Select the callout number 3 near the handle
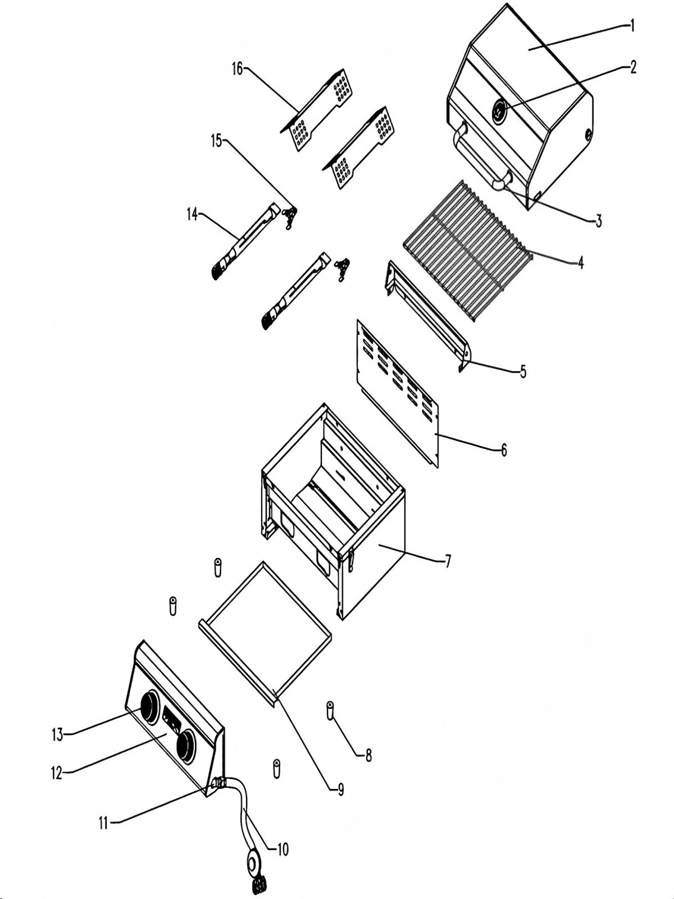coord(599,221)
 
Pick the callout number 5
coord(523,371)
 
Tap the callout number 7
coord(448,561)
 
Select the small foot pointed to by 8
coord(330,710)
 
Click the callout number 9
coord(340,789)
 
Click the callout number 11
coord(103,823)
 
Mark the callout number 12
coord(57,773)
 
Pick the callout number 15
coord(217,140)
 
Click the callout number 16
coord(237,69)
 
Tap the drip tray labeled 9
coord(264,629)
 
